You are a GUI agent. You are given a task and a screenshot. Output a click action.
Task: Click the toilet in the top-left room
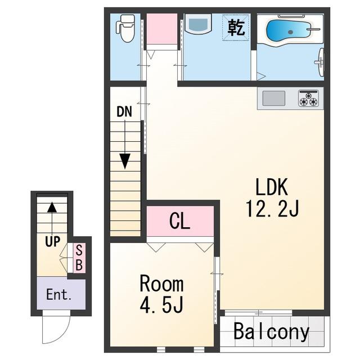125,28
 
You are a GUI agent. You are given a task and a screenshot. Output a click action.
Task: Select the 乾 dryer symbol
236,28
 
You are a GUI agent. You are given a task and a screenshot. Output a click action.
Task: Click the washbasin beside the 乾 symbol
198,24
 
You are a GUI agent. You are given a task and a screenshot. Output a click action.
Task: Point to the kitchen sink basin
274,98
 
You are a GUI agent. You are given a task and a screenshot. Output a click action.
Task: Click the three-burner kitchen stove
309,98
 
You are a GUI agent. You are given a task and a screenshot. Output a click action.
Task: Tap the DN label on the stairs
124,112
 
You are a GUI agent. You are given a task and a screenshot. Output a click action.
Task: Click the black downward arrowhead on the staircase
125,161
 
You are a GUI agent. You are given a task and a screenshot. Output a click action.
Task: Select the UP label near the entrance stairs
52,241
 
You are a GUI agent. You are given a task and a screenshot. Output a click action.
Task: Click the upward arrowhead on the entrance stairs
52,207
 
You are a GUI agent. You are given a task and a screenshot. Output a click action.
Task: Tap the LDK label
272,187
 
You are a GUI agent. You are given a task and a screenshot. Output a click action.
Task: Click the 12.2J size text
272,209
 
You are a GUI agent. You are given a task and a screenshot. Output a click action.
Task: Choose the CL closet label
180,221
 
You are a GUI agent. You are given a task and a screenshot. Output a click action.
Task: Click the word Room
161,284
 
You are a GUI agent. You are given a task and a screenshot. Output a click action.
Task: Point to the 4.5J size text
161,304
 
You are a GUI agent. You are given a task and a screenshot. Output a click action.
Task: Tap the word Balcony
271,331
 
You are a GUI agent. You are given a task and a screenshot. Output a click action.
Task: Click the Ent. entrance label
58,295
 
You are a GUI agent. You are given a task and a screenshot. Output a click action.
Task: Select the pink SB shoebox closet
79,258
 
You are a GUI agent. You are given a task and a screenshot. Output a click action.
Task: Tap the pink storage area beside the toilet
162,29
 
